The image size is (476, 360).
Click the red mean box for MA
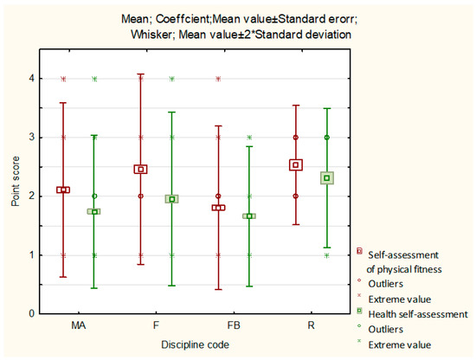(x=63, y=190)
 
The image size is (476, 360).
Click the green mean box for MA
(x=94, y=211)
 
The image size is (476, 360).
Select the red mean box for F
(x=140, y=170)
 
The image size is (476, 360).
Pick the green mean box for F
(x=171, y=199)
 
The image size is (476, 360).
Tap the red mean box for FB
(x=218, y=208)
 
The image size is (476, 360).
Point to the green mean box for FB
(x=249, y=215)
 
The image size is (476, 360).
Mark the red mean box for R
(x=296, y=164)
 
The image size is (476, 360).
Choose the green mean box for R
(x=326, y=178)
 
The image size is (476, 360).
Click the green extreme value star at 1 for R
(x=326, y=254)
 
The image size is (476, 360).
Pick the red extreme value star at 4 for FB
(x=218, y=79)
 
